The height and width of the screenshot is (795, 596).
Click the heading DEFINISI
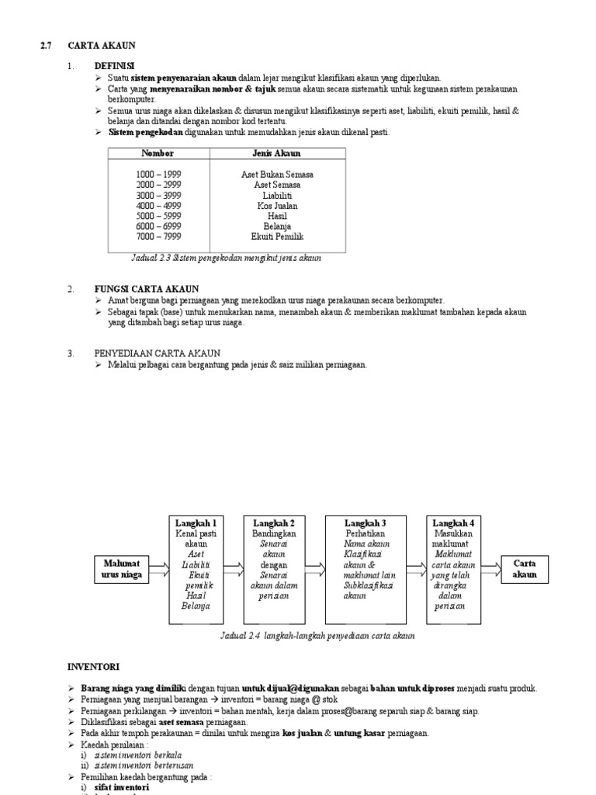115,67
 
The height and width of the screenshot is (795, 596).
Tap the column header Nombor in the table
157,154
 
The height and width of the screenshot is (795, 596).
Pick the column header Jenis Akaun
277,154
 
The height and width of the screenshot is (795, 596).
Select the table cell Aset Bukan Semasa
277,175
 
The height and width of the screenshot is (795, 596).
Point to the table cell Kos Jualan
277,206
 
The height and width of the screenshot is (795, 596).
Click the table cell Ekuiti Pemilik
277,236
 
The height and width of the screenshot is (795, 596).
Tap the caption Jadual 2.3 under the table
226,258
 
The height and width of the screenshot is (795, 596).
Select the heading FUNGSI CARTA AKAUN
147,289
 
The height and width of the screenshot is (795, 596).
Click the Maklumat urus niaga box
122,569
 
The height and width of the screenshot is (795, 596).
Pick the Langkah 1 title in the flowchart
196,523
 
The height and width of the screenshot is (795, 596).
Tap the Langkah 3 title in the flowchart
366,523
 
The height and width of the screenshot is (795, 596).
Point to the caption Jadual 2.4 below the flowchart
317,635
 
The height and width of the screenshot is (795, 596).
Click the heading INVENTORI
93,666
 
